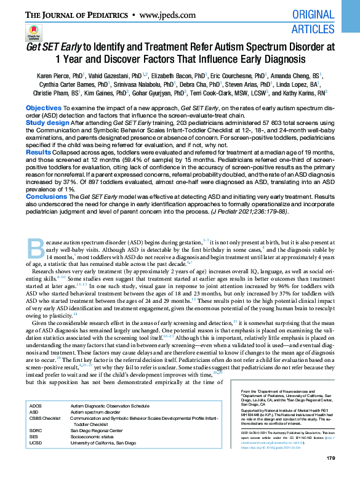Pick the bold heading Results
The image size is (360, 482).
click(38, 151)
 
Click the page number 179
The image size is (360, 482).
click(330, 457)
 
